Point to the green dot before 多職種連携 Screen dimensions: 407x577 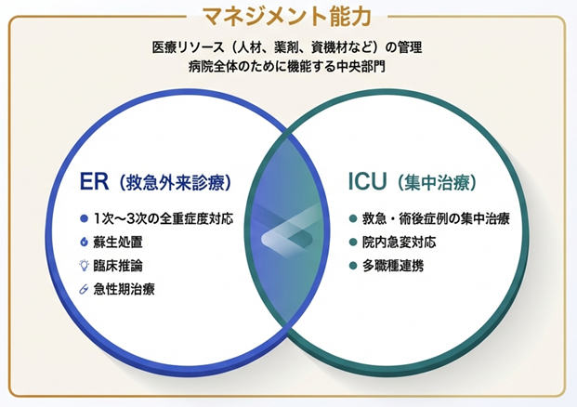click(353, 266)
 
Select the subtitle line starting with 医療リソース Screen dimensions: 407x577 click(288, 47)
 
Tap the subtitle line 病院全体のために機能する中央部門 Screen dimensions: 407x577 click(288, 67)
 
